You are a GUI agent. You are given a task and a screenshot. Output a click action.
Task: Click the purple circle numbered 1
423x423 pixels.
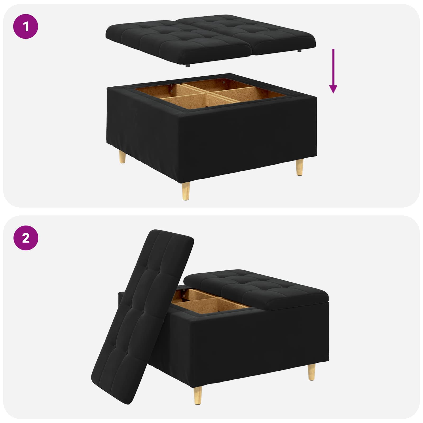click(x=26, y=26)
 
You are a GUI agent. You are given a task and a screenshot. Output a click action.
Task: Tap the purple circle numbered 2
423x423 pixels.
click(x=26, y=238)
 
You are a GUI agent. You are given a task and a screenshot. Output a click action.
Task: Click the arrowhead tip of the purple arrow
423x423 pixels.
click(x=333, y=93)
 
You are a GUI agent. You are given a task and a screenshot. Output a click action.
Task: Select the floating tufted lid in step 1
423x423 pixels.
click(x=210, y=37)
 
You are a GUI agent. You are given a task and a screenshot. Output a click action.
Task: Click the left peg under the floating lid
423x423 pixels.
click(x=187, y=65)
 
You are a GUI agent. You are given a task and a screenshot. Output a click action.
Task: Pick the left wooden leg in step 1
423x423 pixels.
click(x=122, y=158)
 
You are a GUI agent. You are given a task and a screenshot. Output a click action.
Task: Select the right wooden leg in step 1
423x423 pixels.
click(x=299, y=167)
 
